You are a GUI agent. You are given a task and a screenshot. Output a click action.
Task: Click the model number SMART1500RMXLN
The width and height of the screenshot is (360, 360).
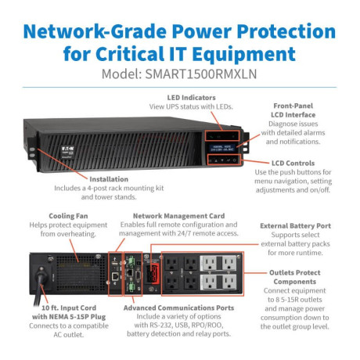(201, 74)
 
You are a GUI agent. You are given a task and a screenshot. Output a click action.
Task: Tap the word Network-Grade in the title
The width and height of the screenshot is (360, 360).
(95, 31)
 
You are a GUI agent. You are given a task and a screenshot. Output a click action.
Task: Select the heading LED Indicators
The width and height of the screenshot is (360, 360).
(192, 98)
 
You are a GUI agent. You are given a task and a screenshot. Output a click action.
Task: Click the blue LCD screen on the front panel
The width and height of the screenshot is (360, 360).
(222, 148)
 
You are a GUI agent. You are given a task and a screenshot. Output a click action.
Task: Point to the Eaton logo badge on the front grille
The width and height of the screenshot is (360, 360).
(68, 152)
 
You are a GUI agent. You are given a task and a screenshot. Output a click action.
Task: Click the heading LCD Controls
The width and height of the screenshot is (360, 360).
(293, 163)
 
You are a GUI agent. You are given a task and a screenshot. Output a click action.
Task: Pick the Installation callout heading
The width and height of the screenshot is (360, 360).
(109, 179)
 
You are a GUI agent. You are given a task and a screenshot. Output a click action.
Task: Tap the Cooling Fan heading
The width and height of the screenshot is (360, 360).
(68, 216)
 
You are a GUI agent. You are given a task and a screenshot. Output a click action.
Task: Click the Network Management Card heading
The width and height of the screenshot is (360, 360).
(178, 216)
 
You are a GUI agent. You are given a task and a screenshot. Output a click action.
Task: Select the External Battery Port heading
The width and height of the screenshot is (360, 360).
(295, 226)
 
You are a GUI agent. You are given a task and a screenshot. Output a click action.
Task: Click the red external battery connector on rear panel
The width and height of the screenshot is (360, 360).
(153, 274)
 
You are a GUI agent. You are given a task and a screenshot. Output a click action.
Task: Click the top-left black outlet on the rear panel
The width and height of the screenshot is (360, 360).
(171, 264)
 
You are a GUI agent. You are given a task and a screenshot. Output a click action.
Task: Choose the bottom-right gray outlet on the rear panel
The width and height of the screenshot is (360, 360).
(229, 283)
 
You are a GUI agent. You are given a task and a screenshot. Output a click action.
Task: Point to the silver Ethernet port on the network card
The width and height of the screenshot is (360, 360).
(115, 276)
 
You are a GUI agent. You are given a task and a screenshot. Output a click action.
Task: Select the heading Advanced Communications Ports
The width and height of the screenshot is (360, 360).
(178, 308)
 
